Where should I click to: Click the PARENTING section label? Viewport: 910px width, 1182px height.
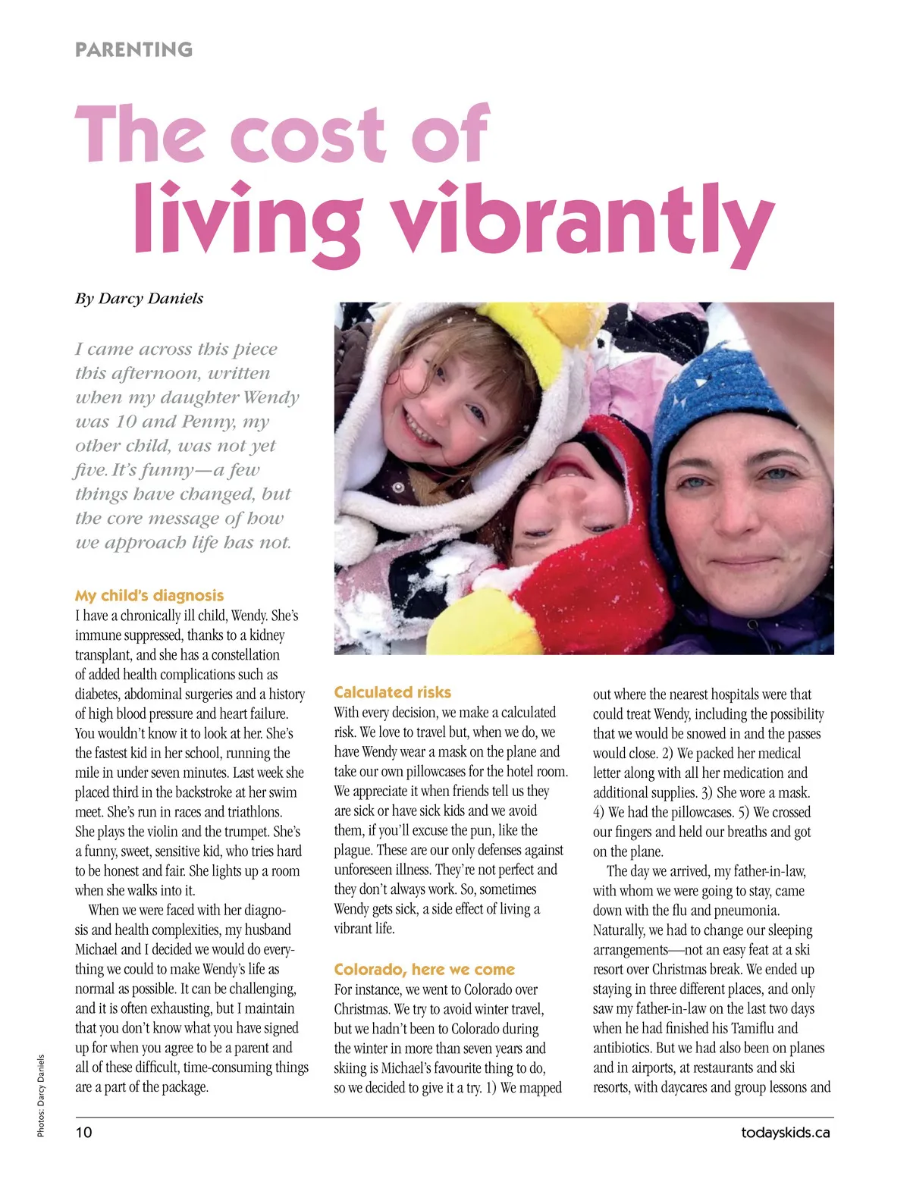coord(133,50)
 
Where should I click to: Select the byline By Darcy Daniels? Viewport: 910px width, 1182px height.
coord(139,298)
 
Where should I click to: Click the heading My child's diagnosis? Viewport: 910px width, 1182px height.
coord(149,595)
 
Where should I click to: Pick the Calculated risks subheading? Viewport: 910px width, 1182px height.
coord(392,691)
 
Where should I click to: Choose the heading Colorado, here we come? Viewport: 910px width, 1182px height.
coord(424,969)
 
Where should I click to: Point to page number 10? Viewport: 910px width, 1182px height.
coord(83,1132)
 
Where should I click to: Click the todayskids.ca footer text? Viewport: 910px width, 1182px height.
coord(785,1132)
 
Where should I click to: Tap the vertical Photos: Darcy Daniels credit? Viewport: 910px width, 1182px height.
coord(41,1096)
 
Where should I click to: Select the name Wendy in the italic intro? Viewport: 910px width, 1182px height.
coord(274,397)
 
